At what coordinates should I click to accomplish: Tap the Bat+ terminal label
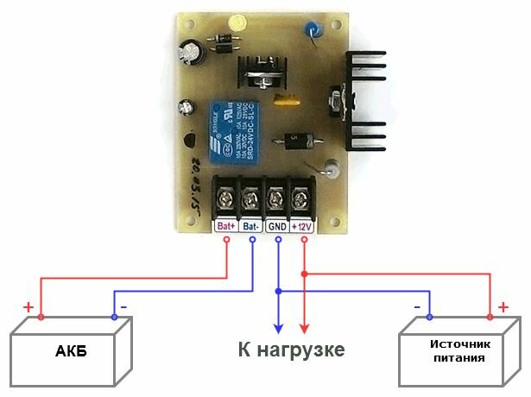tap(226, 227)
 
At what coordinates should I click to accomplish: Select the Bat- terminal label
tap(251, 227)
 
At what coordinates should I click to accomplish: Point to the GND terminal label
tap(277, 227)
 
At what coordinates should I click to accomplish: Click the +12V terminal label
tap(302, 227)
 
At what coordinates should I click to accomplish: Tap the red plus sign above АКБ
tap(29, 307)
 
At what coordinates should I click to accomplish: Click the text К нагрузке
tap(291, 350)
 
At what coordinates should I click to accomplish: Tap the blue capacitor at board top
tap(309, 34)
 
